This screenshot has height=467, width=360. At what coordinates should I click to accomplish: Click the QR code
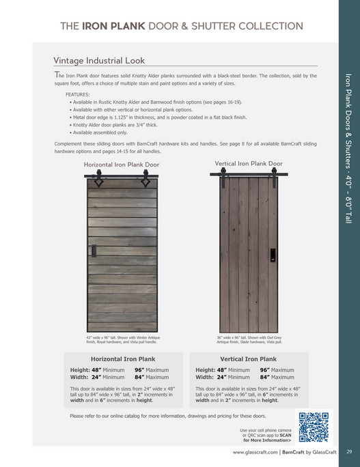pos(314,427)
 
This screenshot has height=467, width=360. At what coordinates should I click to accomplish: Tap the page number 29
pos(348,451)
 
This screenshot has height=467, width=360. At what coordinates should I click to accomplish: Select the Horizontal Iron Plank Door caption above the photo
pos(121,165)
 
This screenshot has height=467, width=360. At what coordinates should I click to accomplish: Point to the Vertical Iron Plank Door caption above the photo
pos(248,164)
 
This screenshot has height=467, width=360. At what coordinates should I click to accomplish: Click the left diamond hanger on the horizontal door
pos(98,182)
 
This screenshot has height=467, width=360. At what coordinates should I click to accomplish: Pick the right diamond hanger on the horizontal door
pos(145,182)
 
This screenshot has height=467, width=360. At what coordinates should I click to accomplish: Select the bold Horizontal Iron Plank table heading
pos(123,359)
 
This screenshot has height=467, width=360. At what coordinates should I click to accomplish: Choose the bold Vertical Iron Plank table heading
pos(248,359)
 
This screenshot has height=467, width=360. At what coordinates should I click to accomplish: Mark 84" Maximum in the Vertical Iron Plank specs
pos(277,377)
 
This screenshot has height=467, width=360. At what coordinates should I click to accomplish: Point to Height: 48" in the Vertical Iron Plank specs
pos(212,370)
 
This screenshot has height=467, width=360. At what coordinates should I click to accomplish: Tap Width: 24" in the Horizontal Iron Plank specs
pos(87,377)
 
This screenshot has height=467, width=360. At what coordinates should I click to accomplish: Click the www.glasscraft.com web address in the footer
pos(256,452)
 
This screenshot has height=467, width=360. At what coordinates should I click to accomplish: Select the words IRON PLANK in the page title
pos(113,26)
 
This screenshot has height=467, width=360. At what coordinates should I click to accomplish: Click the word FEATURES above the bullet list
pos(77,94)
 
